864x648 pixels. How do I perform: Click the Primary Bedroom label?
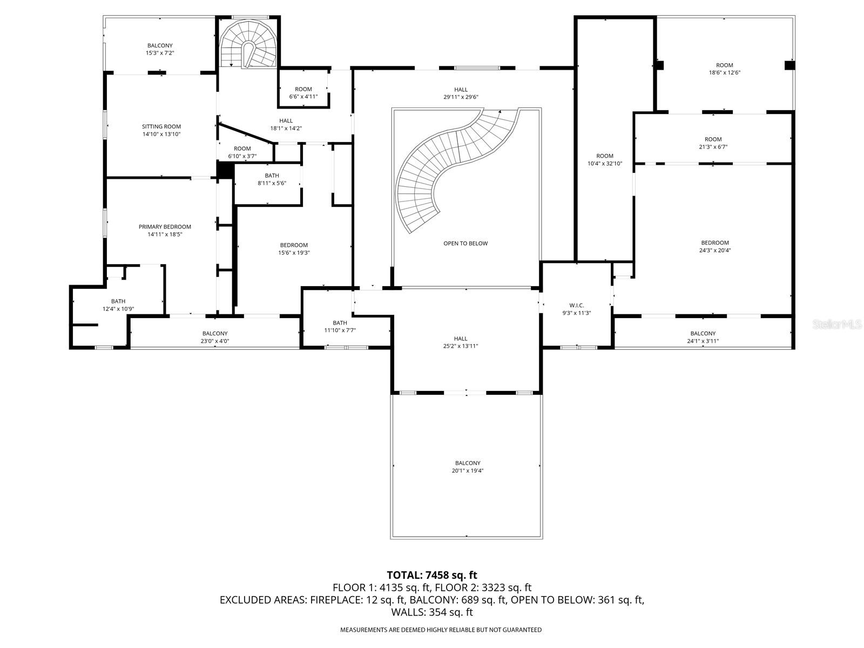click(165, 227)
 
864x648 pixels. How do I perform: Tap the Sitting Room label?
click(161, 127)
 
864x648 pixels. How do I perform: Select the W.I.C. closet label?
click(576, 306)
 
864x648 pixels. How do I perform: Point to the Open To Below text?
click(465, 244)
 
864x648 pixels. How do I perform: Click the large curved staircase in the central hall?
click(443, 162)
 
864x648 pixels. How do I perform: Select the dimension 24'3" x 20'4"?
click(715, 251)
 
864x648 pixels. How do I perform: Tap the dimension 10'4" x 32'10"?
click(605, 163)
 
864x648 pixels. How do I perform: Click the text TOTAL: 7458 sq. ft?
click(432, 575)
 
